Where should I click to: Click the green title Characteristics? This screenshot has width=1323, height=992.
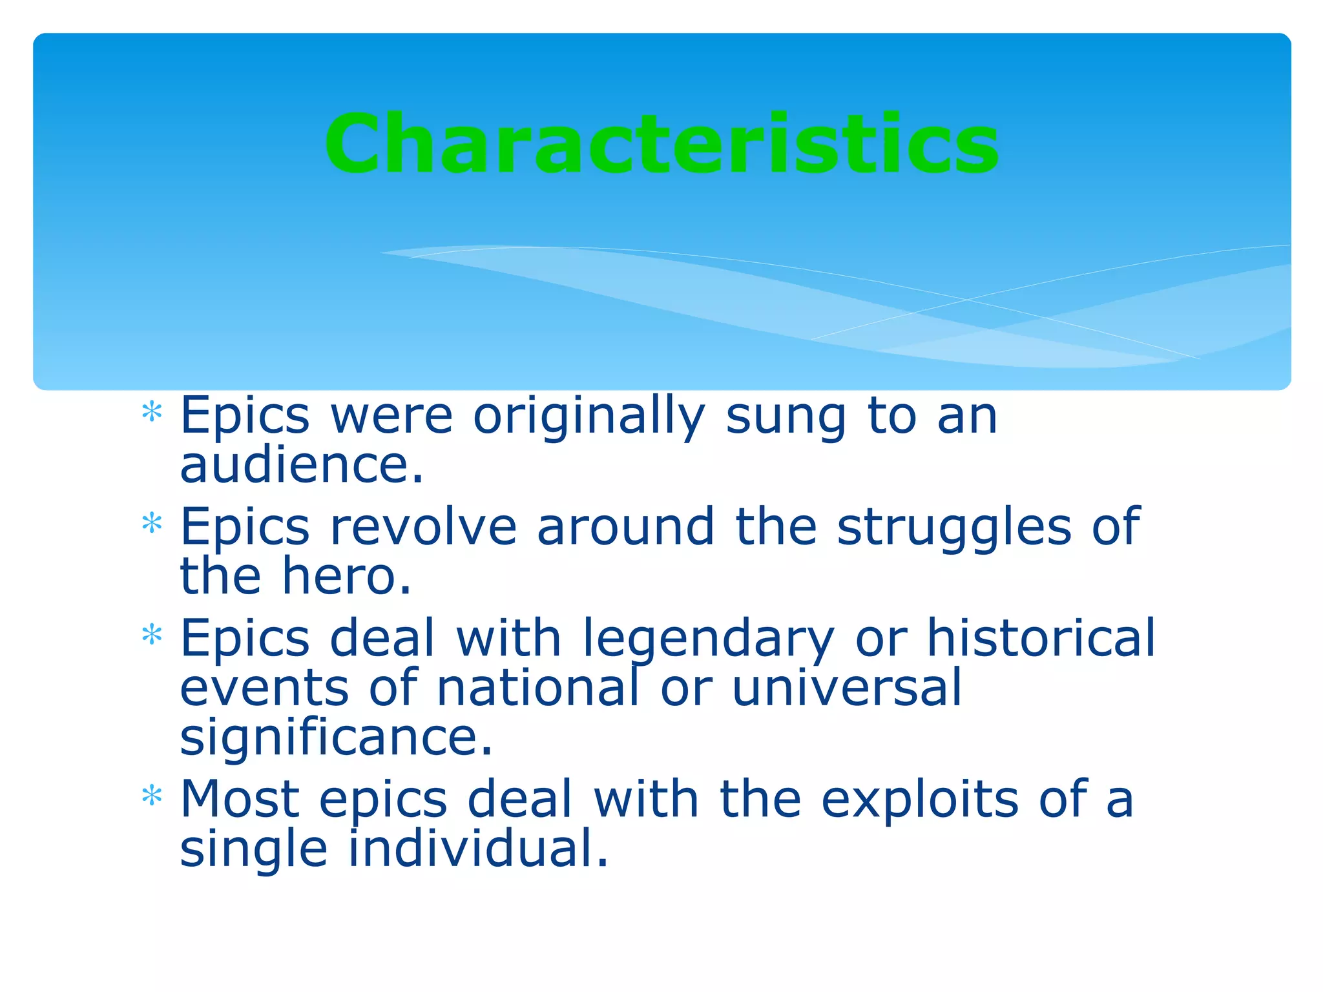click(x=661, y=143)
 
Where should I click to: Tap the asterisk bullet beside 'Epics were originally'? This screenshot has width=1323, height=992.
click(x=152, y=412)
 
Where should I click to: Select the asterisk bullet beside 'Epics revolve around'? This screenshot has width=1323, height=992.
click(x=152, y=523)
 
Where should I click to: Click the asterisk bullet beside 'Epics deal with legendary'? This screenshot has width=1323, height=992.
click(x=152, y=635)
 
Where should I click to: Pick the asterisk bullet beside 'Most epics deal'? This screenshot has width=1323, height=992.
click(x=152, y=796)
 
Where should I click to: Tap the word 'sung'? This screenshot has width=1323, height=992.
click(x=785, y=417)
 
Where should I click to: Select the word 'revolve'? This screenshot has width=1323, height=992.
click(x=423, y=527)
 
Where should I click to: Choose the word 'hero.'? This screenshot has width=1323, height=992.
click(x=347, y=576)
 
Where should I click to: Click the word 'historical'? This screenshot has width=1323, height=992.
click(x=1041, y=638)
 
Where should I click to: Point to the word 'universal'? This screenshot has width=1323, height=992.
click(x=846, y=687)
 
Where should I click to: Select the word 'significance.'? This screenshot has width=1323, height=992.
click(x=336, y=738)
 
